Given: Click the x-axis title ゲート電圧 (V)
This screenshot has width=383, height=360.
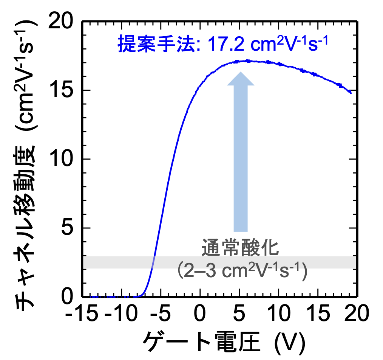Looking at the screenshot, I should coord(223,342).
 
